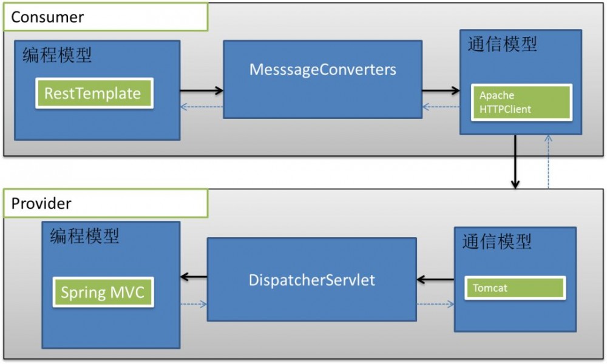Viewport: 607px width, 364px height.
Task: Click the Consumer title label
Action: [47, 17]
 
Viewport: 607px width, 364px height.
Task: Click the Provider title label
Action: [41, 203]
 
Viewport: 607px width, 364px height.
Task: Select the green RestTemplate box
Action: [93, 93]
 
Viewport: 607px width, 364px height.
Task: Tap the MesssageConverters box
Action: [322, 70]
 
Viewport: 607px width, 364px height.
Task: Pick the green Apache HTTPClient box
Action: [522, 102]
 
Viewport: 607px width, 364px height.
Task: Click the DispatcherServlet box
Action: [312, 280]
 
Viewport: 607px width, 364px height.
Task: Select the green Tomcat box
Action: [515, 288]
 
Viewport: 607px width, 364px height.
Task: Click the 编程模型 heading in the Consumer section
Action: [57, 55]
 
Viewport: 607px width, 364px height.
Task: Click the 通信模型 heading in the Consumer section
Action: [502, 44]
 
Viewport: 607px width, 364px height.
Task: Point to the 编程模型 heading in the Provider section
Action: [84, 236]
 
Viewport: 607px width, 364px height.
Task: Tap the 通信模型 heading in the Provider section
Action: [497, 241]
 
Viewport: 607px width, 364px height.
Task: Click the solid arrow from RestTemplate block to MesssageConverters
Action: [202, 91]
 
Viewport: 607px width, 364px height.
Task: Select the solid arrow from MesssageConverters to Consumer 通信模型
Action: [441, 91]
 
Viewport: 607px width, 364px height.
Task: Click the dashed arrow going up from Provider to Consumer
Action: [548, 161]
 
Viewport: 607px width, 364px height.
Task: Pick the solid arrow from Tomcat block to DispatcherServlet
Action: [435, 280]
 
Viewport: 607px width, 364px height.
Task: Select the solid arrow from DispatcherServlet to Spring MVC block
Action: [194, 277]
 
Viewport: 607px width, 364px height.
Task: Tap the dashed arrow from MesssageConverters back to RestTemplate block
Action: [202, 107]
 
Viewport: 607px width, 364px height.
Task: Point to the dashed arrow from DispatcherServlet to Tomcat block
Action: [435, 304]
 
